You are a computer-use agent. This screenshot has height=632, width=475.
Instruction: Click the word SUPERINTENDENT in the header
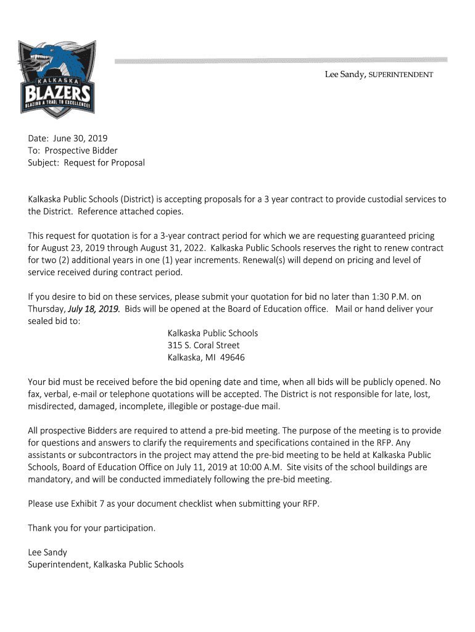[x=401, y=75]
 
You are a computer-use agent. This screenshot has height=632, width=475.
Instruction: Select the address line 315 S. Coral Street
[x=204, y=345]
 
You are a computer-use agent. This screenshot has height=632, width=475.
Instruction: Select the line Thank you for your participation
[x=92, y=528]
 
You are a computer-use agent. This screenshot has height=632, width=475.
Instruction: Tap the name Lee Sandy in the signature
[x=47, y=552]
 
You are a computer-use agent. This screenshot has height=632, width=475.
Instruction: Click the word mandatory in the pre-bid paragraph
[x=50, y=480]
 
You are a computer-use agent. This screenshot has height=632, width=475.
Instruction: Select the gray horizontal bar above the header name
[x=281, y=60]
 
